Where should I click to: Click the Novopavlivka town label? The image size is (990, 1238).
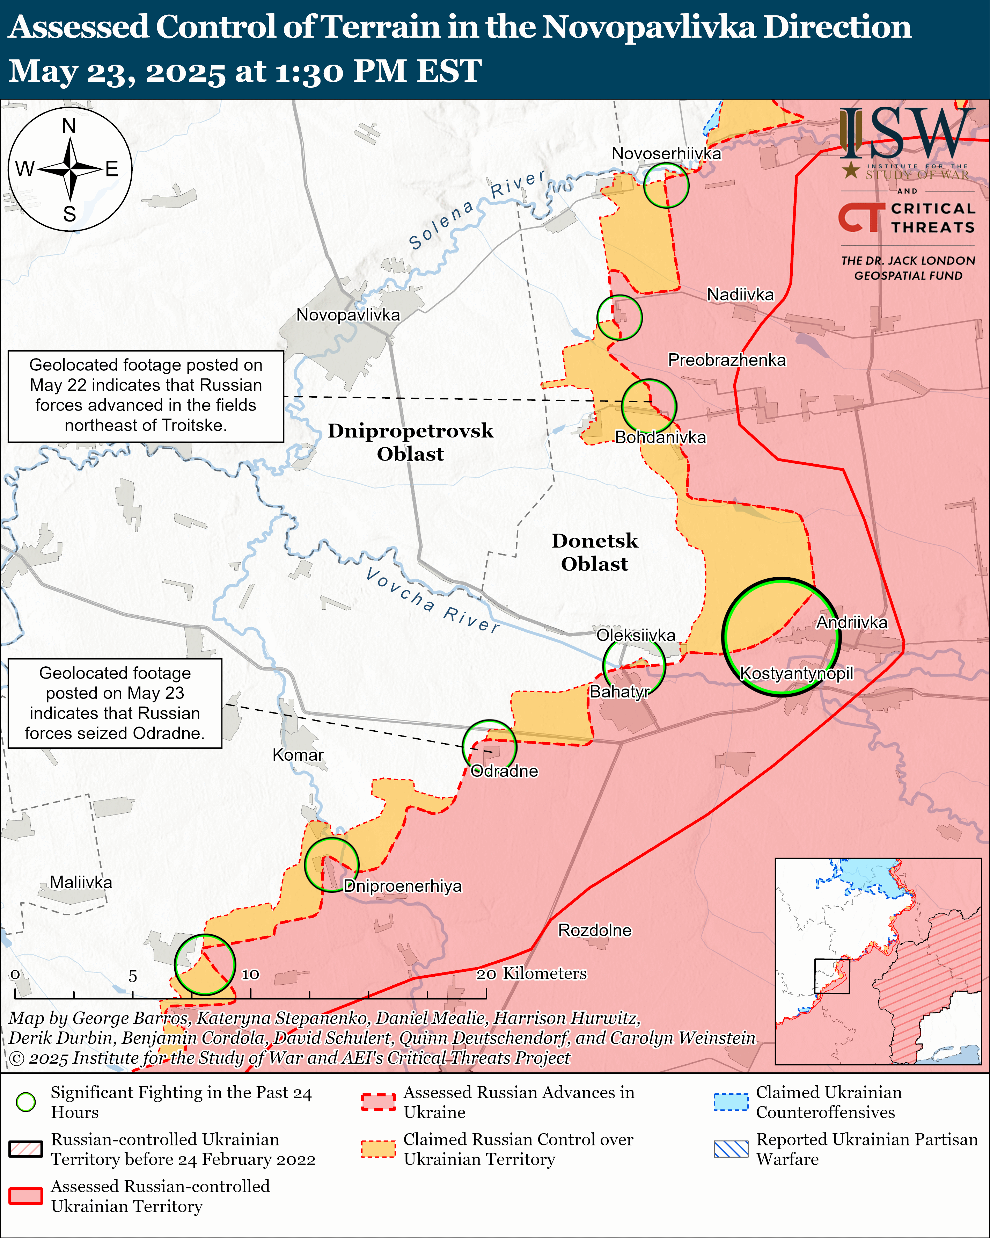click(x=348, y=315)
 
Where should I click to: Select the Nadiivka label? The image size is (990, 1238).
click(x=740, y=295)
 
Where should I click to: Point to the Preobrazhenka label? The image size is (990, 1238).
click(x=727, y=360)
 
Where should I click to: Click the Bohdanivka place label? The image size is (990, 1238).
click(x=660, y=437)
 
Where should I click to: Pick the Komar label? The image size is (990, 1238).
click(x=298, y=754)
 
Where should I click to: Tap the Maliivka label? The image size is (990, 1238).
click(x=81, y=882)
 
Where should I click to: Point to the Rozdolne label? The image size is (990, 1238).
click(x=595, y=930)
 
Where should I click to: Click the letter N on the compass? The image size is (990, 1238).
click(x=69, y=126)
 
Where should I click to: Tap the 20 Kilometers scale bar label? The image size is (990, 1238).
click(x=531, y=973)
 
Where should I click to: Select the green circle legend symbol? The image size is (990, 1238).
click(x=26, y=1102)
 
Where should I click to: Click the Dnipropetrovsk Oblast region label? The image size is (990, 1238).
click(x=410, y=442)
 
